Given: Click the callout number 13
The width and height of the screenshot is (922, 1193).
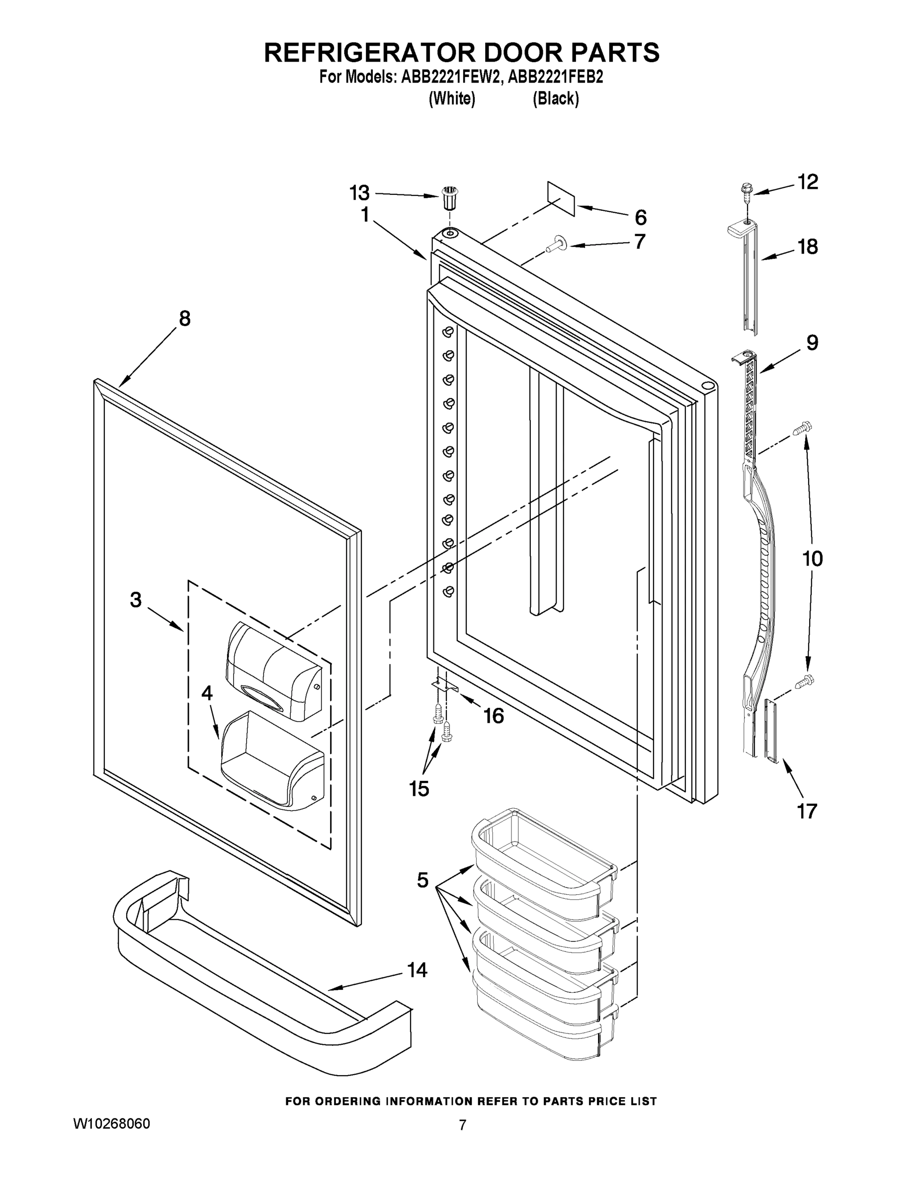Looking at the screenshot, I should pos(359,193).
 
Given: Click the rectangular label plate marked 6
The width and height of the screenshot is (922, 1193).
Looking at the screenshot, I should pos(561,199).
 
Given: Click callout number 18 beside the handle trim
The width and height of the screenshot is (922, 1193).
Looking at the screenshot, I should pos(808,247).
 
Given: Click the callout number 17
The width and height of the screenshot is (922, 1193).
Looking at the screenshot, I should pos(807,811).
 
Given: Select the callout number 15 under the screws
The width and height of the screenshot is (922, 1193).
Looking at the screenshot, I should pos(419,788).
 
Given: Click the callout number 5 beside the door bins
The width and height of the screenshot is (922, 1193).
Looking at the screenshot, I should pos(422,880).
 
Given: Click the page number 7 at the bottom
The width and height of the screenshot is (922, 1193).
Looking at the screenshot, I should pos(462,1125).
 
